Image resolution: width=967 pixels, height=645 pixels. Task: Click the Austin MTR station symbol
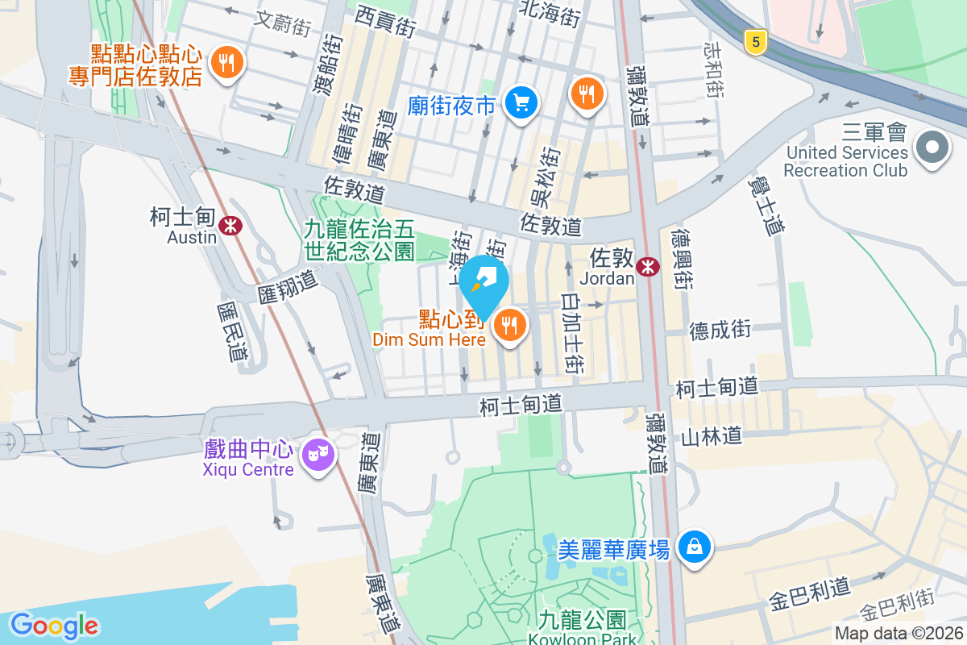(x=231, y=226)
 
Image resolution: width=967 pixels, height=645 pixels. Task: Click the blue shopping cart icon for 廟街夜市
(x=521, y=102)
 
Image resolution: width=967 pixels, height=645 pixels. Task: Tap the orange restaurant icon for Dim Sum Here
(x=509, y=326)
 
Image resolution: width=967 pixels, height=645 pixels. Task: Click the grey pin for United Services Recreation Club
(x=933, y=148)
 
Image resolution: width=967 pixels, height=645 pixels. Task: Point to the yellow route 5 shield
(x=754, y=43)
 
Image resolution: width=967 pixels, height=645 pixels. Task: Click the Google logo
(x=54, y=626)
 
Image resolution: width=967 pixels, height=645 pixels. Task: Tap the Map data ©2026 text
(x=898, y=633)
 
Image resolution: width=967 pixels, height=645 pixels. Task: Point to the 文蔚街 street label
(x=281, y=21)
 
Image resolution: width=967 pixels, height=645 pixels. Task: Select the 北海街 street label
(x=550, y=14)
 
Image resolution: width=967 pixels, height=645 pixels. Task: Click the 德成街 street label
(x=720, y=329)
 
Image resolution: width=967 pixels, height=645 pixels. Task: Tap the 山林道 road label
(x=711, y=437)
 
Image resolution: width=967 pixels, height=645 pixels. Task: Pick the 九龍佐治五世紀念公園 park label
(x=359, y=240)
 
